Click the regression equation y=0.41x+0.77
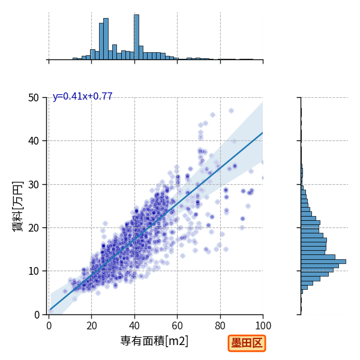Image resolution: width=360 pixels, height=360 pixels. [x=82, y=96]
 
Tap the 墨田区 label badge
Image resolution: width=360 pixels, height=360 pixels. [x=247, y=343]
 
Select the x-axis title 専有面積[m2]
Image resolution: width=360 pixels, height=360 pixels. [x=154, y=341]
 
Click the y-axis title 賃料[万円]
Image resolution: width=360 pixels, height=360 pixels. [x=18, y=206]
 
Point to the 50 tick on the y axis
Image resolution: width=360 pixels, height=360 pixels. [x=34, y=98]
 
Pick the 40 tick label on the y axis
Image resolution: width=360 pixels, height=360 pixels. [x=34, y=141]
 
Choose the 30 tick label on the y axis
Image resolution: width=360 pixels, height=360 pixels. [x=34, y=184]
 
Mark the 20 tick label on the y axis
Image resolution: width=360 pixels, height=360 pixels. [x=34, y=228]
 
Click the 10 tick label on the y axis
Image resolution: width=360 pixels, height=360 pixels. [x=34, y=271]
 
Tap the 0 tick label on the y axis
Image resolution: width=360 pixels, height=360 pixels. [x=37, y=314]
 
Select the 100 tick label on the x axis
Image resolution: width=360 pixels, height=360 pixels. [x=263, y=326]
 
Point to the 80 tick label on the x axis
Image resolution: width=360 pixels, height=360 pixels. [x=220, y=326]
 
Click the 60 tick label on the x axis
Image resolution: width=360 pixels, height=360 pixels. [x=177, y=326]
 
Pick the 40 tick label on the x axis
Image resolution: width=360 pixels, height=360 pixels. [x=134, y=326]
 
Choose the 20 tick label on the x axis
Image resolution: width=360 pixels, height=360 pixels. [x=92, y=326]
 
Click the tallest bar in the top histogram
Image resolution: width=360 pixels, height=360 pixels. [x=137, y=37]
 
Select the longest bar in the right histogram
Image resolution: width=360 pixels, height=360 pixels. [x=323, y=262]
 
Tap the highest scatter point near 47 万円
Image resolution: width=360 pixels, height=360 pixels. [x=231, y=110]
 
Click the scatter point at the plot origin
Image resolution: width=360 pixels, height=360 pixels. [x=50, y=311]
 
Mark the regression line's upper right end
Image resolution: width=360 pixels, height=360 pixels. [x=263, y=133]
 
